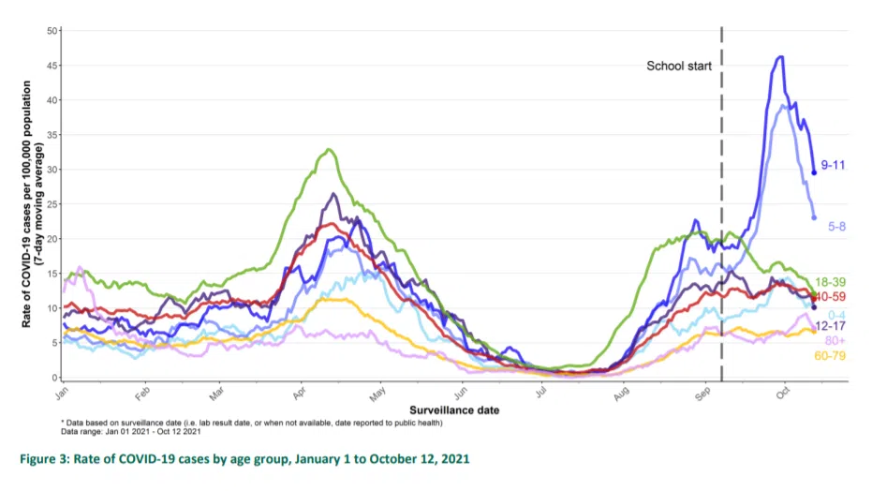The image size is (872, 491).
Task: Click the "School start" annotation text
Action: (x=679, y=67)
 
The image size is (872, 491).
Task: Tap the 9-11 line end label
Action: (x=833, y=165)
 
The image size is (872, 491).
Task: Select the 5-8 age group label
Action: (x=836, y=226)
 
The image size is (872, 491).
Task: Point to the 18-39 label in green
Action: (x=832, y=282)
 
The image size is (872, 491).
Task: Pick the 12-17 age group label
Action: (x=831, y=325)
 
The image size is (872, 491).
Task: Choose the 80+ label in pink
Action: (x=835, y=340)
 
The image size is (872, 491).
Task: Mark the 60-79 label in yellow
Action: (x=832, y=355)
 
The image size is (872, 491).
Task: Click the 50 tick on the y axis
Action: (x=52, y=31)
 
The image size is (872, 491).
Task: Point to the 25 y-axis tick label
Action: (x=52, y=204)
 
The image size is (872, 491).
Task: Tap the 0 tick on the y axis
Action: (x=55, y=378)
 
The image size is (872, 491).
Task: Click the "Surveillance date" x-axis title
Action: (x=454, y=410)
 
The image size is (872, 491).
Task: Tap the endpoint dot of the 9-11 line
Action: (x=814, y=172)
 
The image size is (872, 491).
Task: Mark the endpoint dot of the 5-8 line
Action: (x=813, y=218)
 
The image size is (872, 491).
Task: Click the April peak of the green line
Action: (x=328, y=150)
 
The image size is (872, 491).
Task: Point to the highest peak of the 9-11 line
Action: (x=780, y=57)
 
